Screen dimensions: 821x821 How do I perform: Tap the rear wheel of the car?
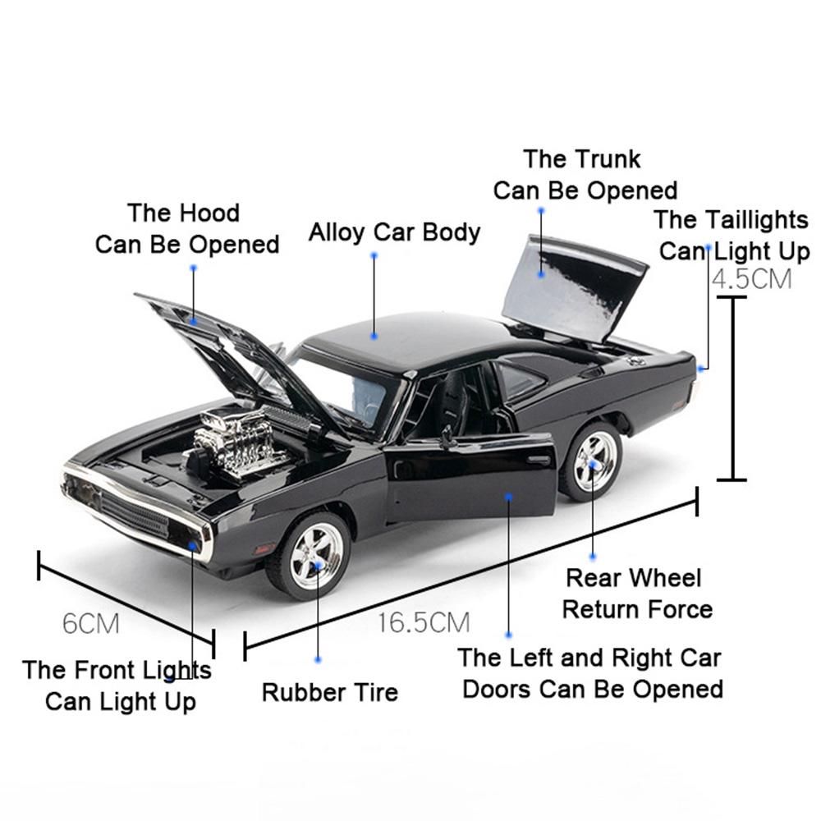(x=592, y=461)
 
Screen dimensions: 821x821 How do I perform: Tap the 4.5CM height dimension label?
(x=751, y=279)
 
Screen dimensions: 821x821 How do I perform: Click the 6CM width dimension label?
(x=91, y=624)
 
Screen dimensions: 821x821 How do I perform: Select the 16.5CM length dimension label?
(x=424, y=622)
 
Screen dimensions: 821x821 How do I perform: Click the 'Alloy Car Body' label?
(x=394, y=232)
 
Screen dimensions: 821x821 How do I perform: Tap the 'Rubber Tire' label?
(x=329, y=692)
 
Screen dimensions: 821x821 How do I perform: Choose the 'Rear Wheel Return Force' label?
(x=636, y=594)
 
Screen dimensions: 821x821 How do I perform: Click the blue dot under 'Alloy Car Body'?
(x=374, y=255)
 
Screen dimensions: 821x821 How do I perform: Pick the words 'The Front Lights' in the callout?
(x=117, y=670)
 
